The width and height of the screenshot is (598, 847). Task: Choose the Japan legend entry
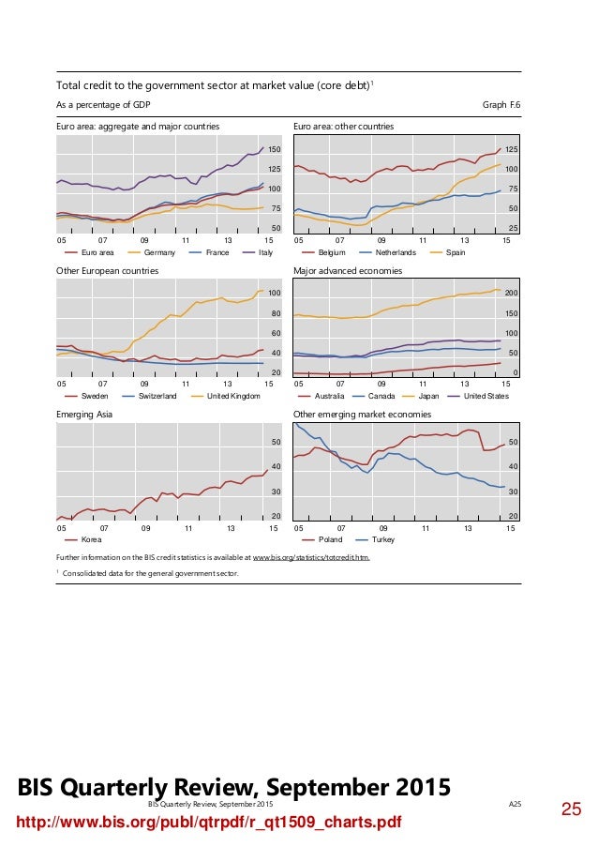click(x=428, y=396)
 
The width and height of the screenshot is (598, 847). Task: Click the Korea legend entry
click(x=92, y=540)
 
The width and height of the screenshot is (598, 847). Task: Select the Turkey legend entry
click(x=383, y=540)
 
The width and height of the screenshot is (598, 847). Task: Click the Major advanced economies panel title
click(x=348, y=270)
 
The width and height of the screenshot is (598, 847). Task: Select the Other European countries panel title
click(x=107, y=270)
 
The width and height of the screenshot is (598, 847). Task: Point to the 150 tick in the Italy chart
click(x=275, y=150)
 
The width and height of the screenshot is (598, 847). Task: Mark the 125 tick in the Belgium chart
click(x=511, y=150)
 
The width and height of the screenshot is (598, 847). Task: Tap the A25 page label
click(x=514, y=805)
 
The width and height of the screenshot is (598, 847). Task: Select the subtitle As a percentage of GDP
click(x=104, y=104)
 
